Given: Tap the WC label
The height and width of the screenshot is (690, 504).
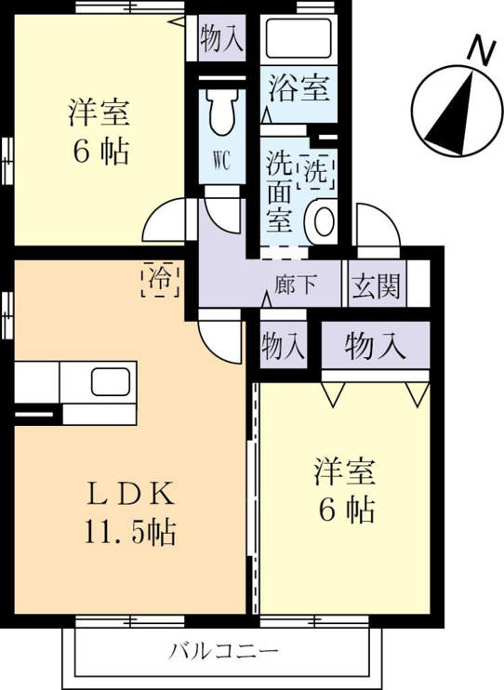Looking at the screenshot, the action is [x=221, y=162].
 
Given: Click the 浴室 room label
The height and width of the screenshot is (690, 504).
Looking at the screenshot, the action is [x=298, y=88].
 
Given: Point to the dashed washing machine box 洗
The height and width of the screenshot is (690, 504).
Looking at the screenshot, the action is [x=316, y=172].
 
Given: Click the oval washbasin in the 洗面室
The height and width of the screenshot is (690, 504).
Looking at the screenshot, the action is [x=324, y=221].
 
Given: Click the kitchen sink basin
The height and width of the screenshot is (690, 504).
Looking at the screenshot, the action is [x=111, y=381].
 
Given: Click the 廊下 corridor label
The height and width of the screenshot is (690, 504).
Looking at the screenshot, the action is [x=296, y=285].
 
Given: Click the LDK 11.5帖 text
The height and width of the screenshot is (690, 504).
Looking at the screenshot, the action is [x=130, y=514].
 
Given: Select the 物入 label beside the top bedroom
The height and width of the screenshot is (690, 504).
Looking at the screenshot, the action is [x=221, y=39].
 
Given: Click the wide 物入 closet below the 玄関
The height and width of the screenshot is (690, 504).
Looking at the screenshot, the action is [x=375, y=345].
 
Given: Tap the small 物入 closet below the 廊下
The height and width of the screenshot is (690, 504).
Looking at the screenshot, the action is [x=283, y=345].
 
